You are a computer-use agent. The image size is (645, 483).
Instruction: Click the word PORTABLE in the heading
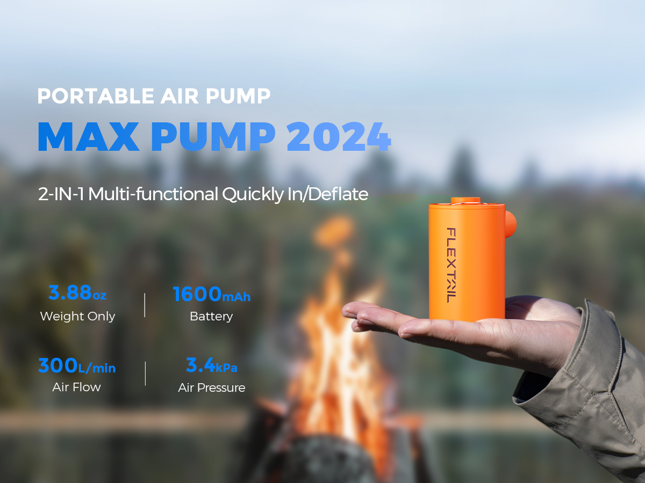(x=96, y=96)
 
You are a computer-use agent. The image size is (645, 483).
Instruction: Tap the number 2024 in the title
(x=339, y=137)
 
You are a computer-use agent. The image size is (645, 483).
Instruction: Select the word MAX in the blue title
(x=89, y=137)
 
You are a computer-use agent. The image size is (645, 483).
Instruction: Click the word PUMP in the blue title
(x=213, y=137)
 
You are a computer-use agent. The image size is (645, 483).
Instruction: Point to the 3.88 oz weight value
(x=77, y=292)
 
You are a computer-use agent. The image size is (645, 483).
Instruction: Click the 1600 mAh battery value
(x=212, y=294)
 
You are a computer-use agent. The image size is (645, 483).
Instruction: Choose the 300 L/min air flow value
(x=77, y=365)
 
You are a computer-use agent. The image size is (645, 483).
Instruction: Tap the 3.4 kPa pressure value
(x=212, y=365)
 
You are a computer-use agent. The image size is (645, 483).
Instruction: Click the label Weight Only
(x=77, y=317)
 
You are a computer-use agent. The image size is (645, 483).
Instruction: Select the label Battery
(x=211, y=317)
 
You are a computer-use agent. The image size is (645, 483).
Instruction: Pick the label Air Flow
(x=77, y=387)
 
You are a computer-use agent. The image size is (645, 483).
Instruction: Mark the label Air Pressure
(x=212, y=387)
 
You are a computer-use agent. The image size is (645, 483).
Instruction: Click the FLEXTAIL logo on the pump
(x=451, y=265)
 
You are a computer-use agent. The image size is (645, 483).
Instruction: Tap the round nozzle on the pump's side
(x=511, y=225)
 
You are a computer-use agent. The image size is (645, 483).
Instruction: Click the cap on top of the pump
(x=465, y=201)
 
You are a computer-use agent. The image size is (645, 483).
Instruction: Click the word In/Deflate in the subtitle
(x=328, y=194)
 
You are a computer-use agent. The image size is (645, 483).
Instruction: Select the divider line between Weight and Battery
(x=145, y=305)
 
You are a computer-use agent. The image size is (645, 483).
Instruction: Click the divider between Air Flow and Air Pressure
(x=145, y=374)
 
